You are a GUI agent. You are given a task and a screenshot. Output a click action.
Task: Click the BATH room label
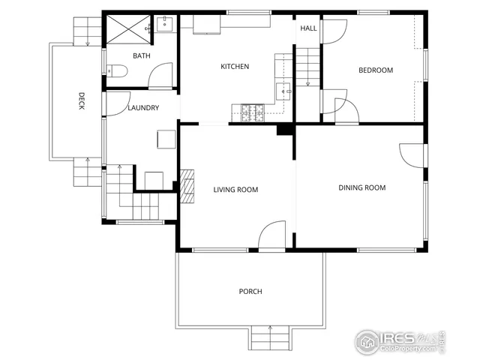click(x=142, y=56)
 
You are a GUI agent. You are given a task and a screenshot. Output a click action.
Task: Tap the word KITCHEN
click(x=234, y=67)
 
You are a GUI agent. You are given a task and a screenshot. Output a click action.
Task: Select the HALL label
click(x=307, y=28)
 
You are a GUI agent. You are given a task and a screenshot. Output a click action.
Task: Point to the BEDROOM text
click(x=375, y=70)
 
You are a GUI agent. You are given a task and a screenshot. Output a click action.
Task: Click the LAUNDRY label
click(x=142, y=108)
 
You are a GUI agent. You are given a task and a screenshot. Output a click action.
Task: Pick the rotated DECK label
click(x=80, y=101)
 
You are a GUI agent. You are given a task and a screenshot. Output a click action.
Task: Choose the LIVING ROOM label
click(x=235, y=190)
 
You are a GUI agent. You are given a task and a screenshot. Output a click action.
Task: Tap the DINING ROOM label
click(x=361, y=187)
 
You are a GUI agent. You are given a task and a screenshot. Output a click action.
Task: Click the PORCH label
click(x=250, y=291)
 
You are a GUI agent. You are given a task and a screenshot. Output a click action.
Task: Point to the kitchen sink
click(x=284, y=91)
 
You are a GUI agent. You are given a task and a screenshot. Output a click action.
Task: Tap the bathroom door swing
click(x=161, y=76)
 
